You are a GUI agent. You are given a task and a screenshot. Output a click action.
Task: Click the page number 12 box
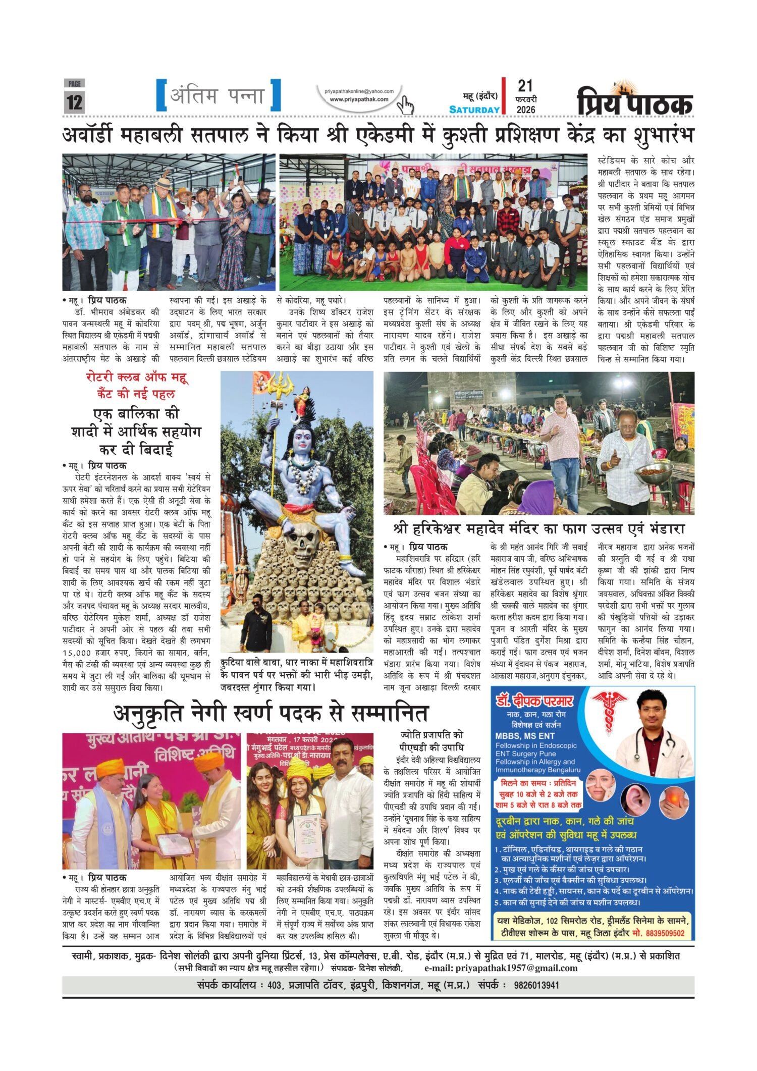pos(74,101)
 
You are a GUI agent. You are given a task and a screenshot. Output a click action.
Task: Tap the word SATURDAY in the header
pos(474,110)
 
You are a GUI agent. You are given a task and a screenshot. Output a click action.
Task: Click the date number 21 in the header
pos(525,86)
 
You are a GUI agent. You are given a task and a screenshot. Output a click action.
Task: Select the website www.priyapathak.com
pos(359,99)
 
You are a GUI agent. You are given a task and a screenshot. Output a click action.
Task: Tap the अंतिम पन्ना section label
pos(218,95)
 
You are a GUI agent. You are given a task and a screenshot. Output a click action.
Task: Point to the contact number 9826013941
pos(536,985)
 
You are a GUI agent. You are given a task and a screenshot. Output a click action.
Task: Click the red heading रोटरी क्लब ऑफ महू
pos(137,377)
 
